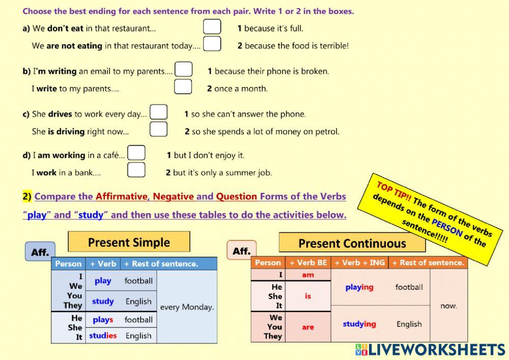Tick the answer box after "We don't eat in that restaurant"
212,26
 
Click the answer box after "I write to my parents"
183,87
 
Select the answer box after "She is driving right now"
158,129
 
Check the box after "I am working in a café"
136,153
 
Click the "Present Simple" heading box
129,242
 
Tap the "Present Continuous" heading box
352,243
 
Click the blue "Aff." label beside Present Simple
40,252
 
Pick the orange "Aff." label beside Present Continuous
241,251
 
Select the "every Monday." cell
187,307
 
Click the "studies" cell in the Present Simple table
103,336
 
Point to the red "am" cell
308,275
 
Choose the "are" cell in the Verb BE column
308,327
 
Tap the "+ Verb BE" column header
308,263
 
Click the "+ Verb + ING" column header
359,263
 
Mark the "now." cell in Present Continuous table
448,306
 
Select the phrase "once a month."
240,89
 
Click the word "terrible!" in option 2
334,46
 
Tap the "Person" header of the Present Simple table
68,264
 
